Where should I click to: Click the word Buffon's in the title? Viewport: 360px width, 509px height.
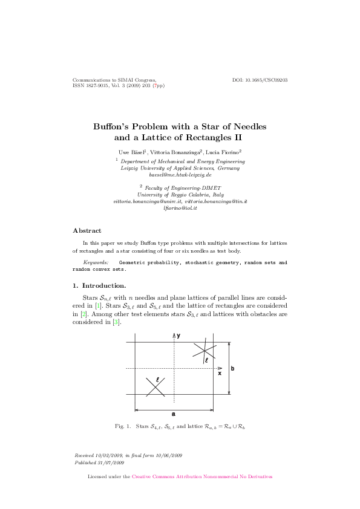[x=111, y=127]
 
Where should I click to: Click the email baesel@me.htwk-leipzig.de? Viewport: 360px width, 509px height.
[x=180, y=174]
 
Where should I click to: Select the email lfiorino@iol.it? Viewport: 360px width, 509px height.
[x=180, y=207]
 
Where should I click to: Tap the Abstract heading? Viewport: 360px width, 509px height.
[x=87, y=230]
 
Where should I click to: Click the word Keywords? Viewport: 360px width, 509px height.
[x=96, y=264]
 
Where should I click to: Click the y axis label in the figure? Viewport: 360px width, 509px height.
[x=178, y=335]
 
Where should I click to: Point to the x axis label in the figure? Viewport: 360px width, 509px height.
[x=220, y=373]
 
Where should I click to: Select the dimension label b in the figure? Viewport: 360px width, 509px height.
[x=233, y=368]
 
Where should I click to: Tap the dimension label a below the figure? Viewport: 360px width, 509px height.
[x=174, y=413]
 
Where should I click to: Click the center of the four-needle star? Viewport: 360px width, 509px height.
[x=155, y=387]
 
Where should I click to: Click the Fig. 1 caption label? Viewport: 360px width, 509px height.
[x=123, y=426]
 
